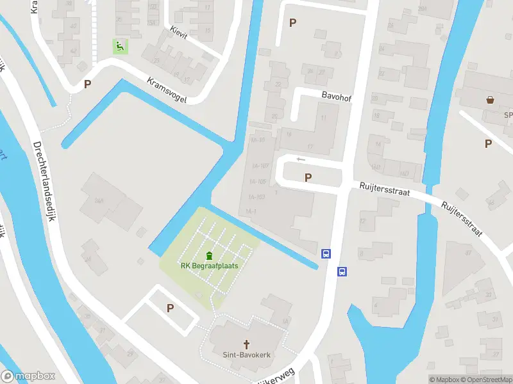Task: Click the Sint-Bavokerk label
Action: tap(245, 355)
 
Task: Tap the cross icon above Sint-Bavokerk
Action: tap(245, 344)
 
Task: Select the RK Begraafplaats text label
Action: tap(209, 266)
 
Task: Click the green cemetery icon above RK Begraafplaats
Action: tap(209, 256)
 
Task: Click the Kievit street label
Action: tap(179, 33)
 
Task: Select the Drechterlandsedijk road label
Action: tap(43, 182)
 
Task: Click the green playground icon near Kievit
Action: tap(119, 45)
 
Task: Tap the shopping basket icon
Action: tap(491, 100)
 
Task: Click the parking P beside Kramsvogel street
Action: tap(88, 84)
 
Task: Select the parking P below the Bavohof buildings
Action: tap(308, 177)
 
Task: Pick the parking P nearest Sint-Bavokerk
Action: tap(170, 308)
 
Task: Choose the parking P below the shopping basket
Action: tap(488, 143)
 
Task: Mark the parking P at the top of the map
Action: tap(293, 22)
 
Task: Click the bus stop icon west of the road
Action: tap(326, 254)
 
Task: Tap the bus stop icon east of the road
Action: tap(342, 271)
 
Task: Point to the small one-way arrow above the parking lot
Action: tap(300, 159)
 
